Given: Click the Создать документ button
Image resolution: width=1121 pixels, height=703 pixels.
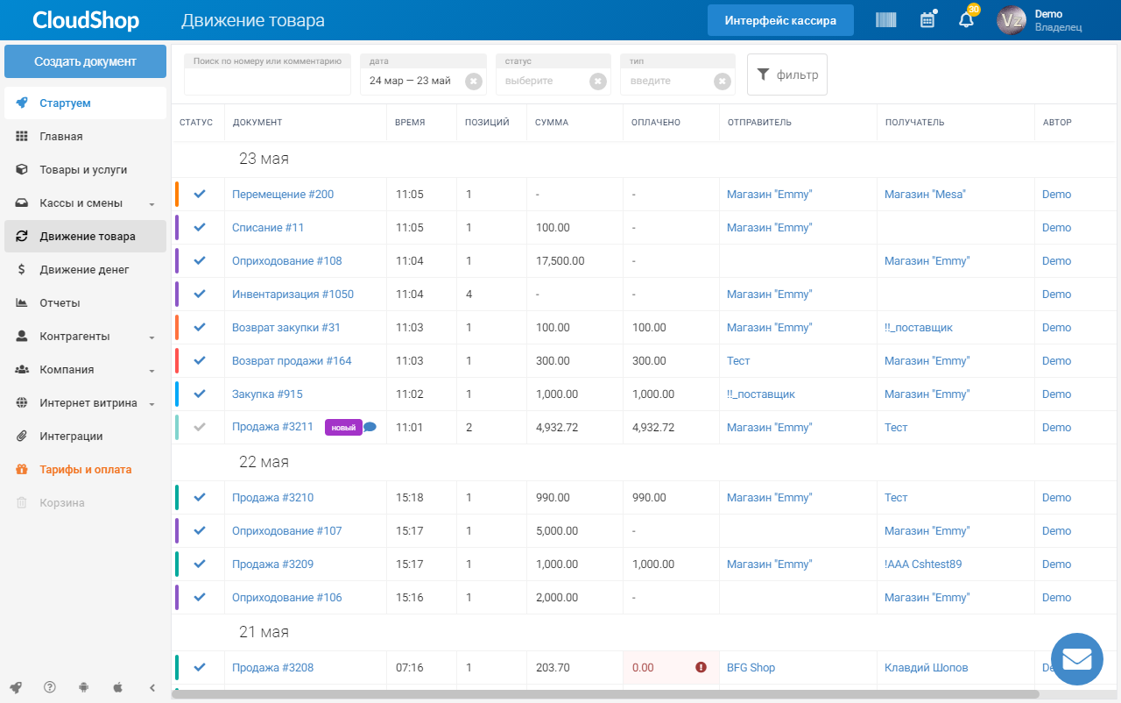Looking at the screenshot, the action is [85, 61].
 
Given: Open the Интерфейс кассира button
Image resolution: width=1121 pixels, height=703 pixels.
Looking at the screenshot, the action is [780, 20].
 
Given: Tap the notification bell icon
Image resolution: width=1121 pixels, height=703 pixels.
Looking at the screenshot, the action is [966, 20].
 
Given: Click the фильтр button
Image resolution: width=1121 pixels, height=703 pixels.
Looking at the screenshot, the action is [786, 75].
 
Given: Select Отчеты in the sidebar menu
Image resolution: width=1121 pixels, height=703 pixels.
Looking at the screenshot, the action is [60, 303].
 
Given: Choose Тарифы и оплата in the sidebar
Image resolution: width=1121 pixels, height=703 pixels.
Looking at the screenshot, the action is [86, 470].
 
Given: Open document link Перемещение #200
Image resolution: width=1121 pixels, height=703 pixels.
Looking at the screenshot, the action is [283, 195].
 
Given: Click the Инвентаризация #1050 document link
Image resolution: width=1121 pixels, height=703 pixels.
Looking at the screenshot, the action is [293, 295].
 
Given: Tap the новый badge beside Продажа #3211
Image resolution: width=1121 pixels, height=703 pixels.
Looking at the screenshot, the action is [343, 428].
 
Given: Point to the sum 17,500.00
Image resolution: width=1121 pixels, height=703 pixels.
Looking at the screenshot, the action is [560, 261].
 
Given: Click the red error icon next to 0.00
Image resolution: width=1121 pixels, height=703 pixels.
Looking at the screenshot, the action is [701, 667].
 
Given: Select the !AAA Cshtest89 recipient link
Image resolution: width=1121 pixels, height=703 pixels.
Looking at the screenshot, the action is [923, 565].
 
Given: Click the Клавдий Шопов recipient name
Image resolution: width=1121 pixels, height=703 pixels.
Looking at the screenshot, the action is [926, 667].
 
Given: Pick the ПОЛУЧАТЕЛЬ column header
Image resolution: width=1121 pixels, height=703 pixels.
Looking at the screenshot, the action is [914, 122].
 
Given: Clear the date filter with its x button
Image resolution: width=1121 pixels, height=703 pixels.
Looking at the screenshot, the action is [474, 82].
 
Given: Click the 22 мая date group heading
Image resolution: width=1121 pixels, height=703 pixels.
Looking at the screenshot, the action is [264, 462].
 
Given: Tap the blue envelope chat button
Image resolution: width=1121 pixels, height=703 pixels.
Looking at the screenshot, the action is [1076, 659].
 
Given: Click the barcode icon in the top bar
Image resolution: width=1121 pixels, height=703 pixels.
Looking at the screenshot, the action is [885, 20].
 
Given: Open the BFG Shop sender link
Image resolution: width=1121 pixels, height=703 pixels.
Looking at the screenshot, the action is [751, 667].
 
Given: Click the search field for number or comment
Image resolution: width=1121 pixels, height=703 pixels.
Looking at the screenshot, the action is [267, 75].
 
